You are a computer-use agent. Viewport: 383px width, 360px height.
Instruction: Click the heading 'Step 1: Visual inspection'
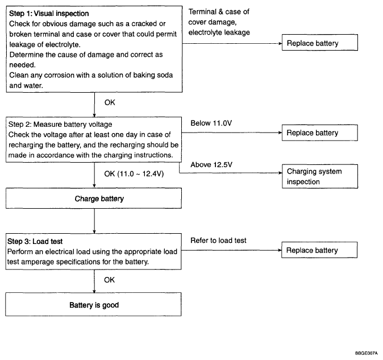tap(49, 14)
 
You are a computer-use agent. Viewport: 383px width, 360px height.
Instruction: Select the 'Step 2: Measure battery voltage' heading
tap(60, 125)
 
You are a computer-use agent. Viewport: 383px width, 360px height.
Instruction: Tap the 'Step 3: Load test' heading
tap(35, 242)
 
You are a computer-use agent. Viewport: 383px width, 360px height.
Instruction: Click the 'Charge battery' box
tap(94, 198)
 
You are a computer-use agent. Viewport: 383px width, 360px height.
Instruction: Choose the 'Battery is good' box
tap(93, 304)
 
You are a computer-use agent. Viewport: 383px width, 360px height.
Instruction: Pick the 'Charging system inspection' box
tap(320, 176)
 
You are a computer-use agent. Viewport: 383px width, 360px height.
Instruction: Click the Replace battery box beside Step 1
tap(320, 43)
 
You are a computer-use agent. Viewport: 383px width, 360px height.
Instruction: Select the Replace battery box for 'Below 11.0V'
tap(320, 133)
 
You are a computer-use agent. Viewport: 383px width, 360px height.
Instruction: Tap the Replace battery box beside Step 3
tap(319, 250)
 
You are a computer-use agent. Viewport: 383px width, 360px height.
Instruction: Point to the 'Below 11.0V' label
tap(211, 123)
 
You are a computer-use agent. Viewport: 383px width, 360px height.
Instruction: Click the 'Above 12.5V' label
tap(211, 165)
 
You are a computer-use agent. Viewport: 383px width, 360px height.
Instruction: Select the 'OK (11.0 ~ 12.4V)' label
tap(134, 174)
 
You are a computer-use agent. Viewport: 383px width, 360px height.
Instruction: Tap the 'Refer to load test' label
tap(218, 241)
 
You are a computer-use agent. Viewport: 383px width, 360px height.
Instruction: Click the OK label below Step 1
tap(110, 102)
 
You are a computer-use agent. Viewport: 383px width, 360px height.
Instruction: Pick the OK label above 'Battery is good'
tap(109, 280)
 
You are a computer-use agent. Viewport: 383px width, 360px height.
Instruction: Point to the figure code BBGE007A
tap(367, 353)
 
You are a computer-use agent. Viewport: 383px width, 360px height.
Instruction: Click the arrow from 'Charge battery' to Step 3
tap(94, 221)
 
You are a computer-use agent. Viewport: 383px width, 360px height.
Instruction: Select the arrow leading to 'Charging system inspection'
tap(231, 172)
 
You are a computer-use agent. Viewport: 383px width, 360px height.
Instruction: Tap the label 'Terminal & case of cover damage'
tap(219, 17)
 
